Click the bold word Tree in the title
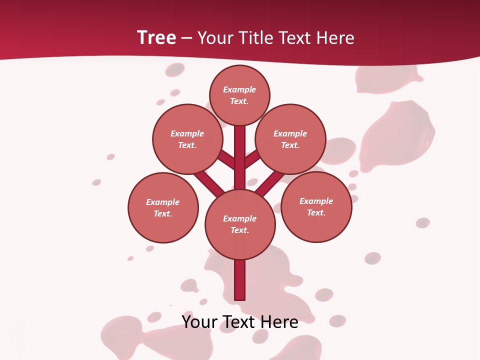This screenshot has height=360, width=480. pos(156,38)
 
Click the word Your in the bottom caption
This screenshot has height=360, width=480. pos(199,321)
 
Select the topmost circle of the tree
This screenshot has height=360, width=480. pos(239,95)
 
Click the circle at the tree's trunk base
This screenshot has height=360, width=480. pos(240,224)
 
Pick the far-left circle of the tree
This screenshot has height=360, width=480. pos(163,207)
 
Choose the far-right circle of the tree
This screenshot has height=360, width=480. pos(316,206)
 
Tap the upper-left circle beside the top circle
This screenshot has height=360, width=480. pos(187,139)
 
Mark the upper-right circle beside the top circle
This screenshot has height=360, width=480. pos(290,139)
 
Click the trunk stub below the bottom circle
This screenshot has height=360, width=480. pos(240,280)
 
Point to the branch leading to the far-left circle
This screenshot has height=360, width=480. pos(209,183)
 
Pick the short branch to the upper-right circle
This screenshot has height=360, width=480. pos(252,159)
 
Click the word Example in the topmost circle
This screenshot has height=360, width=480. pos(239,89)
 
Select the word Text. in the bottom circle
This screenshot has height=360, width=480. pos(239,230)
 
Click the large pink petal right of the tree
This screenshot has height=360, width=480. pos(397,135)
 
